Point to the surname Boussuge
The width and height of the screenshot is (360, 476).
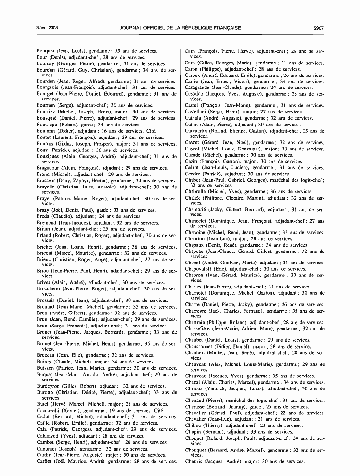coord(48,125)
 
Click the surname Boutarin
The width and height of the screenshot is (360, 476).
coord(47,131)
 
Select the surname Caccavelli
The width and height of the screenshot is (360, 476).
coord(49,411)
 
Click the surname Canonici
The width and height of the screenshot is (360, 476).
coord(47,449)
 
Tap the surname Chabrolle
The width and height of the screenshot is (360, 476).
coord(196,191)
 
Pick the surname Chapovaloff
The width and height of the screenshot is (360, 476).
coord(200,269)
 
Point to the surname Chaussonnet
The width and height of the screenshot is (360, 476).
coord(200,347)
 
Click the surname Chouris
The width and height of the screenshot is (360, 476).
coord(194,461)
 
